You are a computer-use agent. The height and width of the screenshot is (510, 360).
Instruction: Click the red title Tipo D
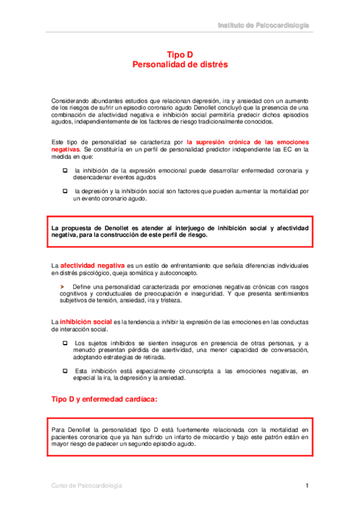(x=180, y=54)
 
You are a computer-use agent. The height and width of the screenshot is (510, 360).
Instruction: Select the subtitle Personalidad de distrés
(x=180, y=64)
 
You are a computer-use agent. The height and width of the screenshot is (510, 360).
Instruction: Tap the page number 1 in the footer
(x=307, y=485)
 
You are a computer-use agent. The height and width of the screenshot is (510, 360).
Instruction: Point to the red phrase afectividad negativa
(x=93, y=265)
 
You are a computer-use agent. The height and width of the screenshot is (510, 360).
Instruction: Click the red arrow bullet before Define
(x=62, y=286)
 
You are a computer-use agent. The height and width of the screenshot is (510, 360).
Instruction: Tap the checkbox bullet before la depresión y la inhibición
(x=65, y=191)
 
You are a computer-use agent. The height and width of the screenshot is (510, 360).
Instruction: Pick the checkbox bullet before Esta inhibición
(x=65, y=371)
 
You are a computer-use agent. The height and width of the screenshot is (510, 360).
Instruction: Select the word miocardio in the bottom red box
(x=222, y=437)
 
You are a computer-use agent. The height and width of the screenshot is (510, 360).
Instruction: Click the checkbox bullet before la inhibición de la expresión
(x=65, y=171)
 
